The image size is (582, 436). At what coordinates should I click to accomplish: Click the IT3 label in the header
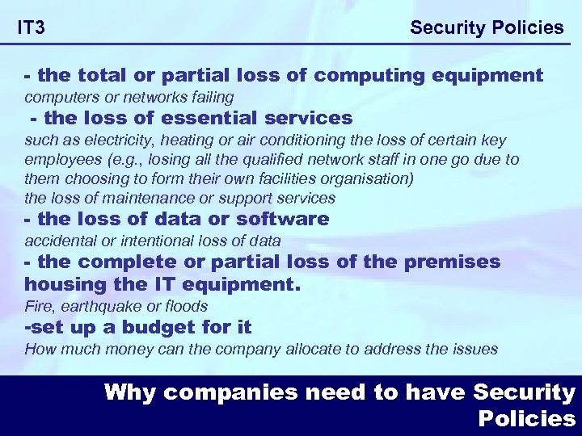(31, 28)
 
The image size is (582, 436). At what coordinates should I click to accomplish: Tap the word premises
(458, 262)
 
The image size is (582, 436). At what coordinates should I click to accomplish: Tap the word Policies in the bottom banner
(526, 419)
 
